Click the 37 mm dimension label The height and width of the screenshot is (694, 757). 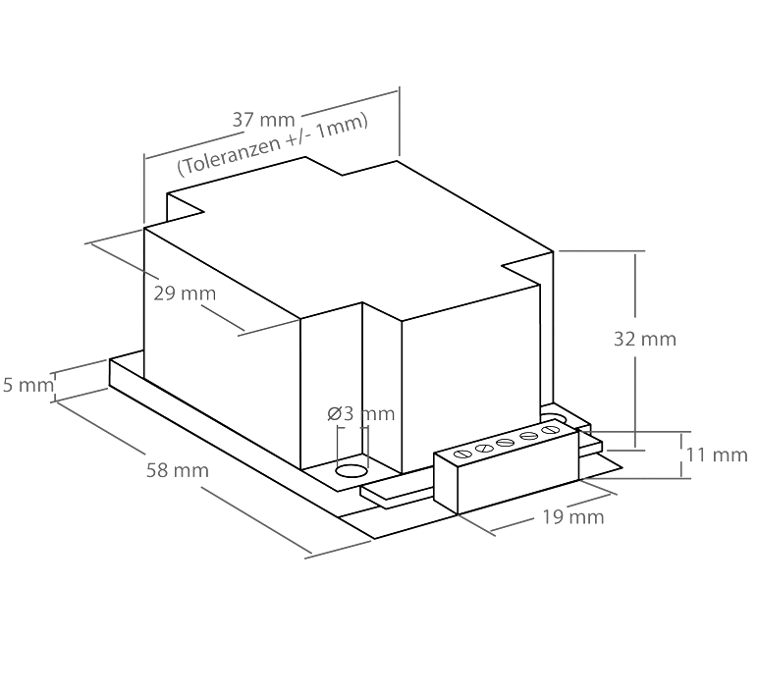(263, 120)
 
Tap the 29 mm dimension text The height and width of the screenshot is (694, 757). (185, 294)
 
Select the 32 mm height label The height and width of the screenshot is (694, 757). (645, 340)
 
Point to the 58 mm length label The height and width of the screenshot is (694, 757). (178, 470)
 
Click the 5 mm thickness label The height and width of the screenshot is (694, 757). (28, 385)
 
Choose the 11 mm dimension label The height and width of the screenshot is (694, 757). (717, 454)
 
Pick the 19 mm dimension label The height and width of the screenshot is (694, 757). (573, 517)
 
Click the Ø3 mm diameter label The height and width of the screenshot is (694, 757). (361, 413)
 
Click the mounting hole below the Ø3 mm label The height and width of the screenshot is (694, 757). (351, 471)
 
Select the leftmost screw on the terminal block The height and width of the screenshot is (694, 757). (462, 454)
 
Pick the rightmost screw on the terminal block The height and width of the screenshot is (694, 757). (550, 430)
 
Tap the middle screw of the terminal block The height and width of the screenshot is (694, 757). (506, 442)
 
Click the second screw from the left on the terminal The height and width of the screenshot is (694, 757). (484, 448)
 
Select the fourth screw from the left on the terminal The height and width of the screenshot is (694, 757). (528, 435)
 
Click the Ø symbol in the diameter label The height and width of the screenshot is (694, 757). (335, 413)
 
